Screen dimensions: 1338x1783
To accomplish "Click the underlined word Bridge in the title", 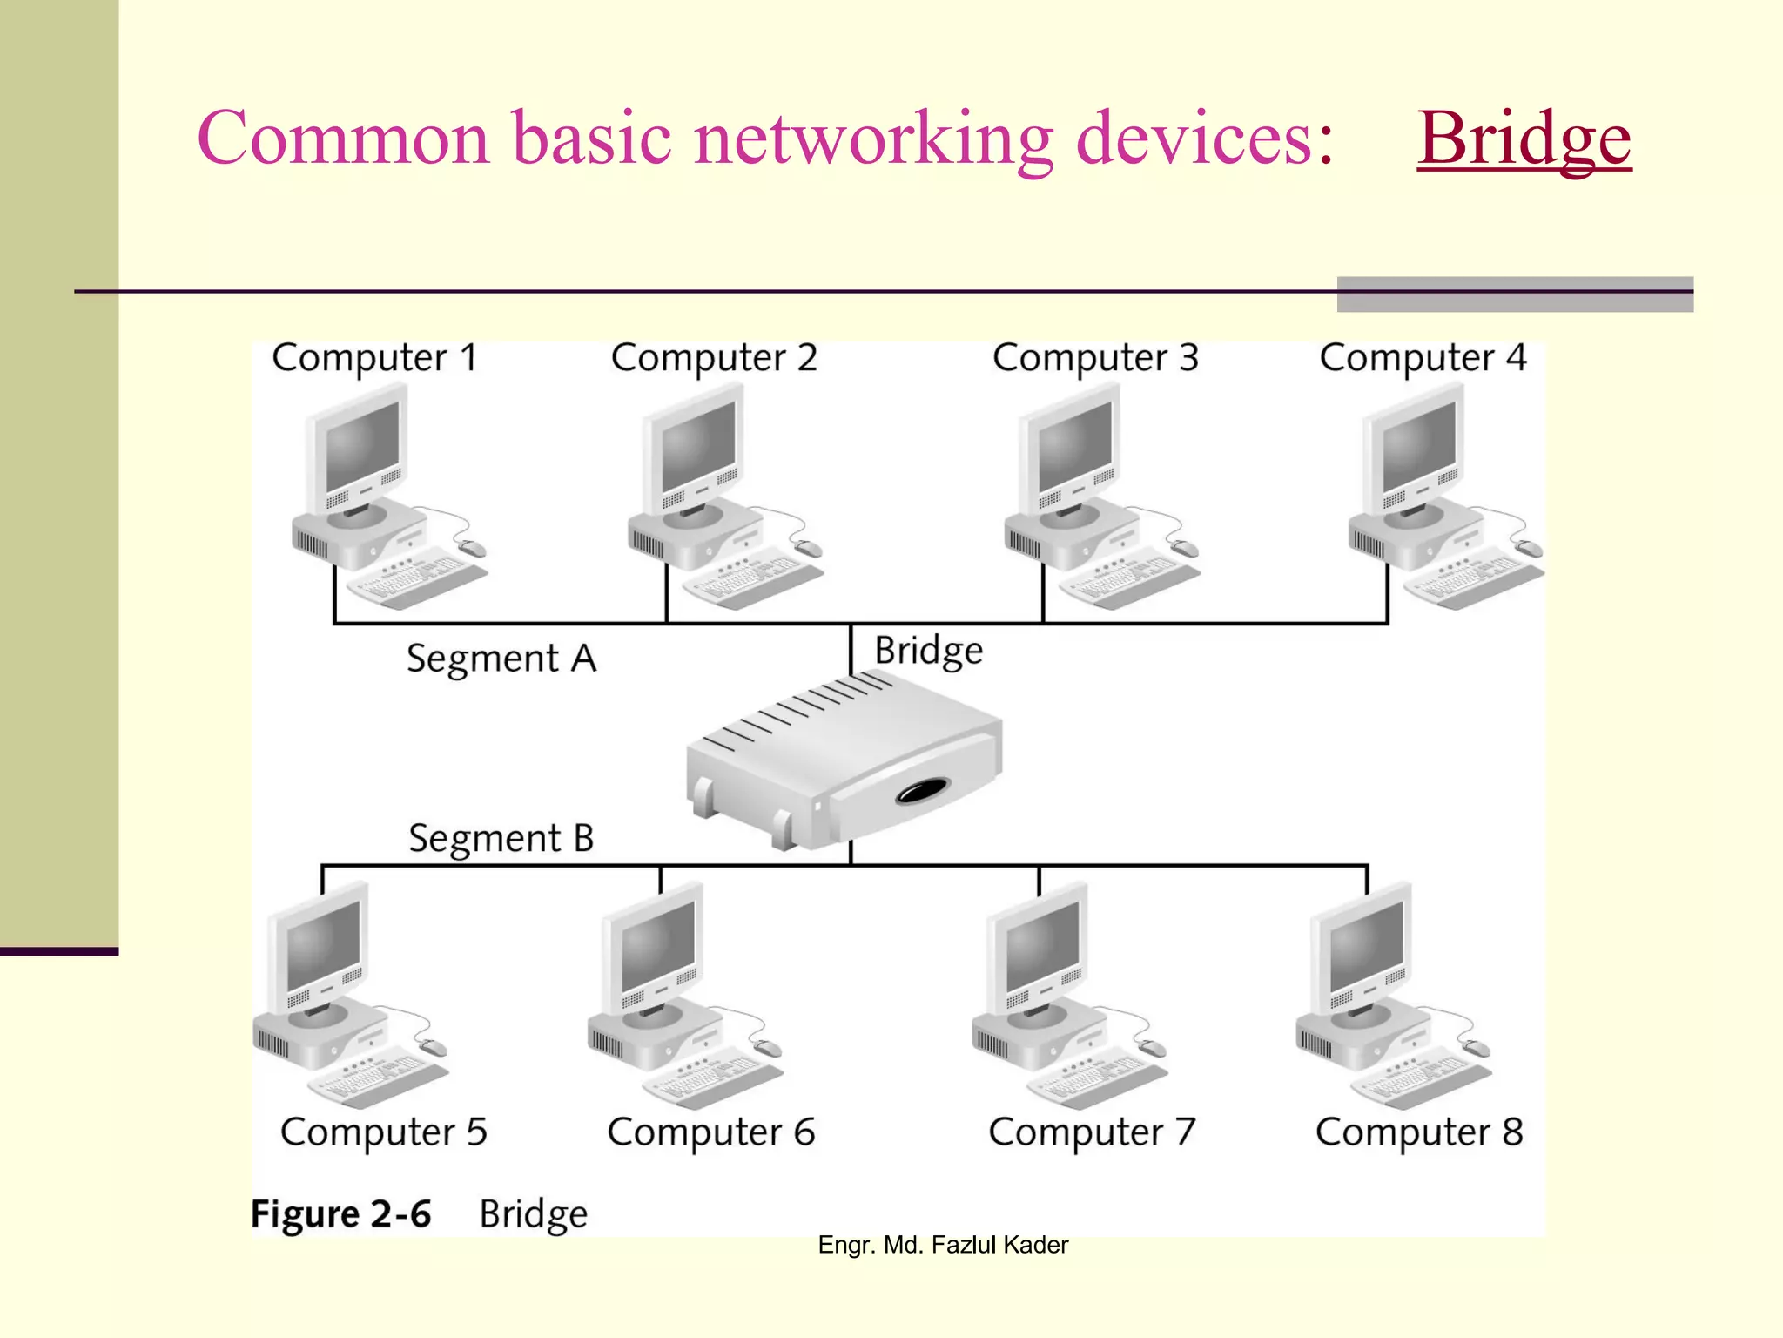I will coord(1524,139).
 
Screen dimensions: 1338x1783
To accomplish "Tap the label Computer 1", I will coord(374,358).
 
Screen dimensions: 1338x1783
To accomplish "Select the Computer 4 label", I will coord(1423,358).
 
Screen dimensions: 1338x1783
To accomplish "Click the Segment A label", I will coord(501,659).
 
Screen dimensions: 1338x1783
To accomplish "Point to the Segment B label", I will coord(501,839).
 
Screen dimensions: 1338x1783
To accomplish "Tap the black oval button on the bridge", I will coord(923,791).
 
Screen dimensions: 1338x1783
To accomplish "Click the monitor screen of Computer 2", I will coord(698,448).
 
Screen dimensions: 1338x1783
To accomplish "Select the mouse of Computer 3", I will coord(1185,548).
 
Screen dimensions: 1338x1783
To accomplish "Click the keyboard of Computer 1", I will coord(418,578).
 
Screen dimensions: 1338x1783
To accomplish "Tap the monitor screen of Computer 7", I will coord(1042,946).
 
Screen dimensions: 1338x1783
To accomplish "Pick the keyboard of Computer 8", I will coord(1419,1078).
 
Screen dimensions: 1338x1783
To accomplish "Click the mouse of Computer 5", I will coord(433,1047).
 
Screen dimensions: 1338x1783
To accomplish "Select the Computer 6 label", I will coord(710,1132).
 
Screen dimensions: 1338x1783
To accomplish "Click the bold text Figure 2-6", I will coord(340,1213).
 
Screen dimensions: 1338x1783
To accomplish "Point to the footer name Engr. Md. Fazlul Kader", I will coord(943,1245).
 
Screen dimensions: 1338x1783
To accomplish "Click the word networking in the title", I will coord(873,139).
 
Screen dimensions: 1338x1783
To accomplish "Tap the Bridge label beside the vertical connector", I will coord(928,651).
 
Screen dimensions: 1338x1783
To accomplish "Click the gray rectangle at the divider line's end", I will coord(1515,294).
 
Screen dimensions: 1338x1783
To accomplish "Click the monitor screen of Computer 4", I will coord(1419,448).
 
